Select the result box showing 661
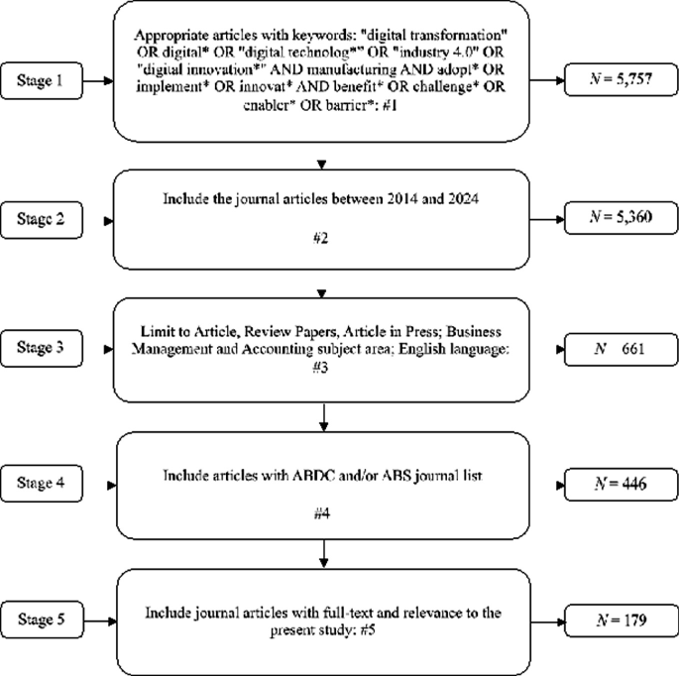(617, 348)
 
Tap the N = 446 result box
(617, 483)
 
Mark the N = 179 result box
(617, 620)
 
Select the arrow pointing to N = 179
(555, 620)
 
